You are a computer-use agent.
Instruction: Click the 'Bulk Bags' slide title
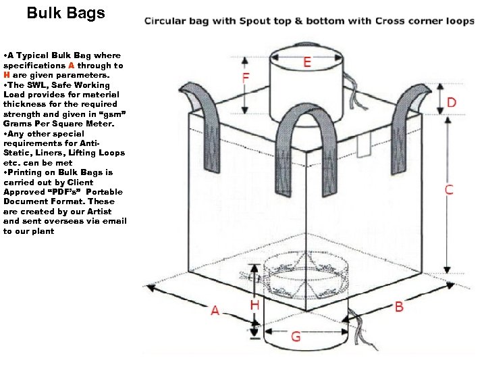66,13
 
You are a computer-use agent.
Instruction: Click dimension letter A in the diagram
215,310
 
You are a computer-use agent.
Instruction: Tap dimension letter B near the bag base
398,306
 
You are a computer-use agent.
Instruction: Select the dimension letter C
448,190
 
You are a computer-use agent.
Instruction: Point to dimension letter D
450,103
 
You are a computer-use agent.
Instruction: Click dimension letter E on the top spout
307,63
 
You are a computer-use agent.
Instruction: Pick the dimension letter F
247,78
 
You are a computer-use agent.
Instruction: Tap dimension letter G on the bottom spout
296,336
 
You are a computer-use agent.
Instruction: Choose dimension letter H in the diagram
254,306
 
